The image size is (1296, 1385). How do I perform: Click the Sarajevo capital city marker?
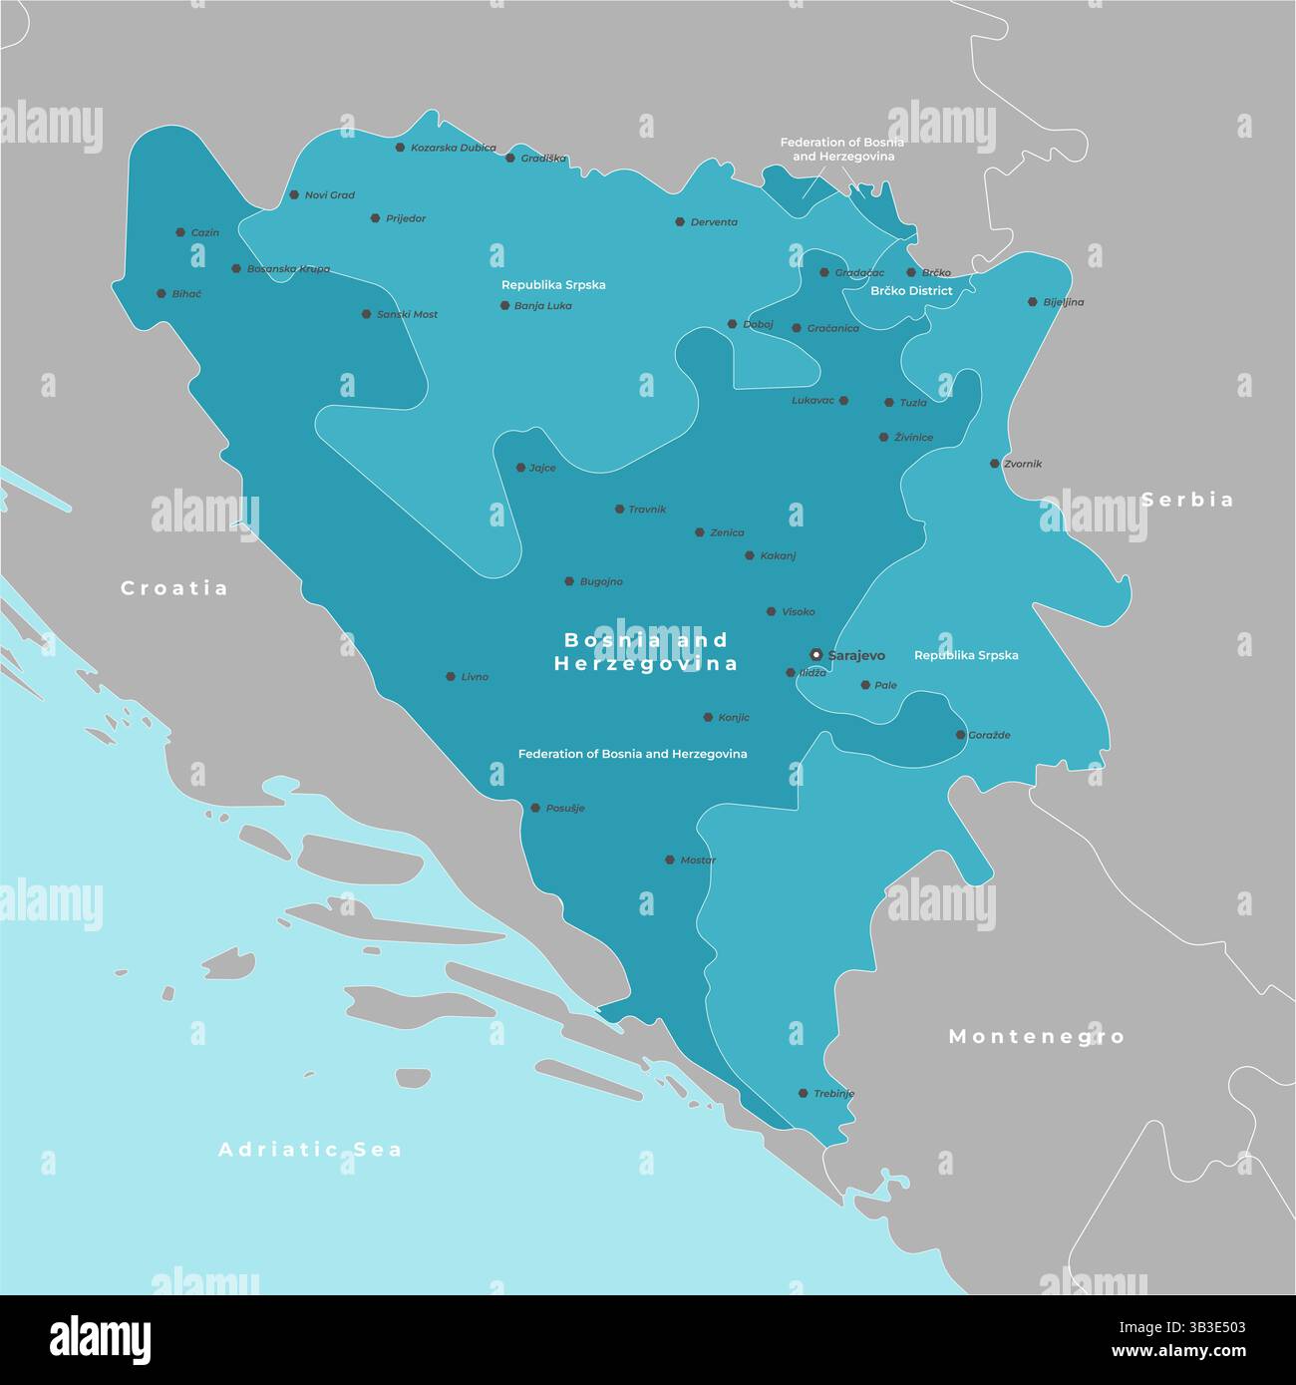tap(816, 655)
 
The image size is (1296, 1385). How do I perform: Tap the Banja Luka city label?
tap(542, 306)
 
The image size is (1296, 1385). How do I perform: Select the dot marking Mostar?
tap(671, 860)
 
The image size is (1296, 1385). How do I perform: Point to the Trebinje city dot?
tap(803, 1093)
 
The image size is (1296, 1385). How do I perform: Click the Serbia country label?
tap(1187, 500)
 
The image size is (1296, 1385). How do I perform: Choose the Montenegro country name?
tap(1036, 1037)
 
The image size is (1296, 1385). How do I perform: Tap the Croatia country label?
tap(174, 588)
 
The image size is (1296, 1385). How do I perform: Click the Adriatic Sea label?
tap(310, 1150)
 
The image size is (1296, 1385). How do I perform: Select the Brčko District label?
tap(911, 291)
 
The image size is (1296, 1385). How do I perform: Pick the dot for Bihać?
tap(162, 294)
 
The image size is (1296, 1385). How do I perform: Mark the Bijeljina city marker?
tap(1033, 301)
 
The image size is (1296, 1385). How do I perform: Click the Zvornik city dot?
tap(994, 464)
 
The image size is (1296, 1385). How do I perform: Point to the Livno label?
tap(475, 677)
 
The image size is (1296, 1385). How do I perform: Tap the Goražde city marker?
tap(960, 735)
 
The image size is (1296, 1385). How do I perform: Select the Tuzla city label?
tap(913, 403)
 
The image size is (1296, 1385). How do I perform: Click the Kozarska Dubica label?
tap(453, 148)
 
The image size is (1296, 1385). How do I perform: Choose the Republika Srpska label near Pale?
tap(966, 655)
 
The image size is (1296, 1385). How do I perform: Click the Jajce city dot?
tap(520, 468)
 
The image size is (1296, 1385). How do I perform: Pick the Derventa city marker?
tap(680, 222)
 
